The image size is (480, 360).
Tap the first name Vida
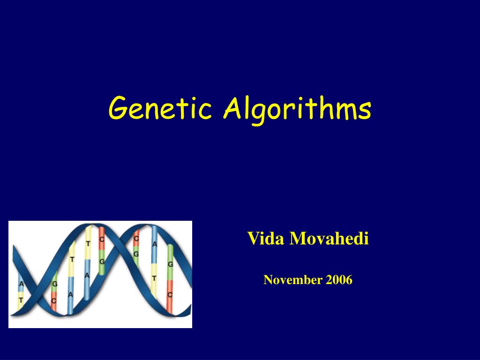[266, 239]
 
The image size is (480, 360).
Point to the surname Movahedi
[330, 239]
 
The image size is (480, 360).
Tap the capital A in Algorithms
[232, 107]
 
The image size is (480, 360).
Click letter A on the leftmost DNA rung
[21, 284]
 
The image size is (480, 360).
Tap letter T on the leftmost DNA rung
[21, 300]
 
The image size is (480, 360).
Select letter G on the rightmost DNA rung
[170, 264]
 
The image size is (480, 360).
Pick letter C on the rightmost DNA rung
[170, 294]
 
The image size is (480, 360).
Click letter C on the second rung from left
[54, 300]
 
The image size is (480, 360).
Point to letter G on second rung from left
[54, 284]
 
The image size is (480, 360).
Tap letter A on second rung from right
[155, 244]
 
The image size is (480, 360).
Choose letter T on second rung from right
[154, 278]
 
